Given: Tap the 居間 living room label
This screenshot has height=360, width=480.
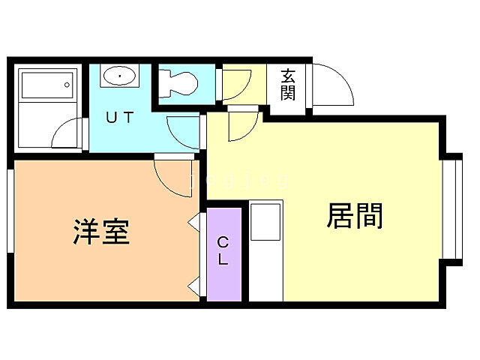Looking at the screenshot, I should click(355, 216).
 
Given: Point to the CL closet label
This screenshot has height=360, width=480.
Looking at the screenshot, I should click(223, 250).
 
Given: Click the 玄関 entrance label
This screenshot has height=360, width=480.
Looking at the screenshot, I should click(288, 84).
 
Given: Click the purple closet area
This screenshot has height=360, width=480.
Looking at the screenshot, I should click(224, 255).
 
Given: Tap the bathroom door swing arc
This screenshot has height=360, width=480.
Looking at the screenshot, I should click(68, 136).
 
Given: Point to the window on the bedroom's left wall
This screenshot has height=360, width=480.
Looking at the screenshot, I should click(10, 211).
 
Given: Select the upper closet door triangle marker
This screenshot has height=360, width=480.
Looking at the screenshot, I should click(193, 222).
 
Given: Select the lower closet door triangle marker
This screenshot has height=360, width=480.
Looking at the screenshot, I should click(193, 286).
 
